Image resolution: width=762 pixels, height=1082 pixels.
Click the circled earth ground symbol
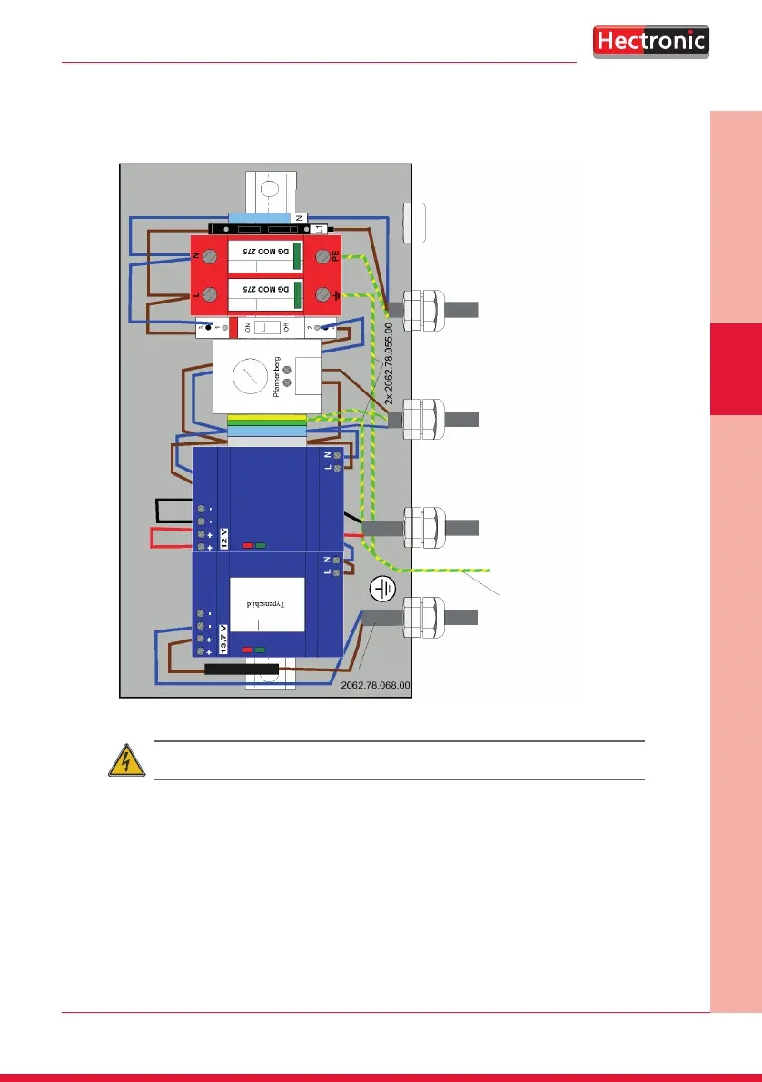382,591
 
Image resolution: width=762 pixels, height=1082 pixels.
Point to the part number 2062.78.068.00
376,686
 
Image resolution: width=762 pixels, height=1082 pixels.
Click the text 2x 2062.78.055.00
388,363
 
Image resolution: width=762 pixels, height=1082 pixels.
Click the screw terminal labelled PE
322,258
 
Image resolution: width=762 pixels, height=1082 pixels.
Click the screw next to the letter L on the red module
210,294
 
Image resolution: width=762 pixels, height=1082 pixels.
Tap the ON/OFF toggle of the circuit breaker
265,327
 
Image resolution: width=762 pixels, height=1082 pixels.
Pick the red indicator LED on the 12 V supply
247,546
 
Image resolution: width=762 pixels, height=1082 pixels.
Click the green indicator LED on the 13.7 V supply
261,650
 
